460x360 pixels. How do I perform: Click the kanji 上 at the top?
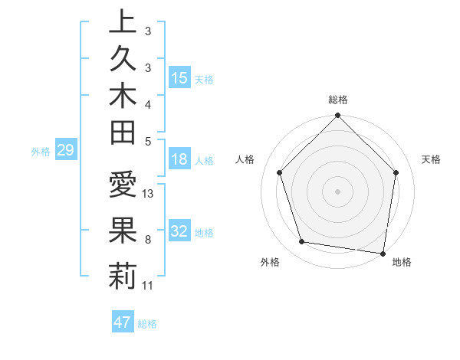pyautogui.click(x=123, y=21)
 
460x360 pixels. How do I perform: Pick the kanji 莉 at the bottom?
pyautogui.click(x=123, y=276)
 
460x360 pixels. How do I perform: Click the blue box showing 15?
pyautogui.click(x=179, y=78)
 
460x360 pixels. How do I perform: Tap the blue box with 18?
pyautogui.click(x=179, y=160)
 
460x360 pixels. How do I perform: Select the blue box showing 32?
pyautogui.click(x=179, y=232)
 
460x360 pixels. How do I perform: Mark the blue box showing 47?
pyautogui.click(x=122, y=322)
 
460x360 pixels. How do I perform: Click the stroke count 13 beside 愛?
pyautogui.click(x=148, y=194)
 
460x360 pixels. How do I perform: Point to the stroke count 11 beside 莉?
pyautogui.click(x=148, y=286)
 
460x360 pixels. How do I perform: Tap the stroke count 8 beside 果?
pyautogui.click(x=147, y=240)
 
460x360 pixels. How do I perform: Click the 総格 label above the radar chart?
pyautogui.click(x=338, y=100)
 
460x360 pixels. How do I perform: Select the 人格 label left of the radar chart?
pyautogui.click(x=245, y=159)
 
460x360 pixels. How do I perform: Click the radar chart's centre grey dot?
pyautogui.click(x=337, y=191)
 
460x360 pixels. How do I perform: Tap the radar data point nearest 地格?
pyautogui.click(x=383, y=253)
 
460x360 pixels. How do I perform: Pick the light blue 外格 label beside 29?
pyautogui.click(x=41, y=151)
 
